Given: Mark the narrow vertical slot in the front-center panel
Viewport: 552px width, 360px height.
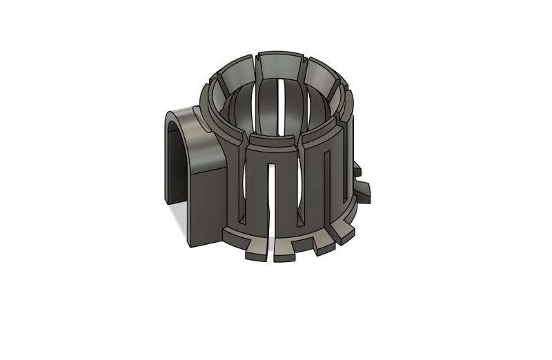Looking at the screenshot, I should (x=271, y=193).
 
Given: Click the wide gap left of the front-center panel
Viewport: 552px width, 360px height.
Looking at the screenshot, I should (x=242, y=186).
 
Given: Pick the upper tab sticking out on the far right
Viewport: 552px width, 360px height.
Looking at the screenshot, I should (x=357, y=168).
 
